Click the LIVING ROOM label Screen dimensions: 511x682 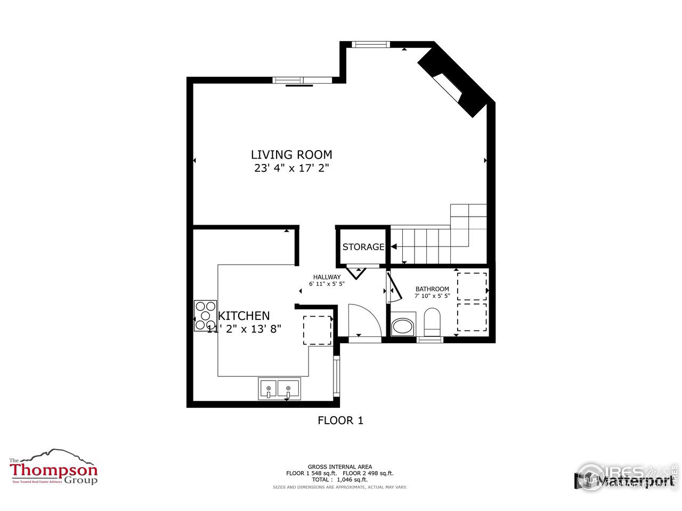(x=291, y=155)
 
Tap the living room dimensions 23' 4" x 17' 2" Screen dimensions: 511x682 (x=291, y=169)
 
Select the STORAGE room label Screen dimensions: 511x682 (x=363, y=247)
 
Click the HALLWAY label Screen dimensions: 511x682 (x=327, y=277)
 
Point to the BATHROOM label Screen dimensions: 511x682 (x=432, y=289)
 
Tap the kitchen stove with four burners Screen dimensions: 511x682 (x=205, y=316)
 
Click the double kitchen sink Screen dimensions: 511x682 (x=279, y=389)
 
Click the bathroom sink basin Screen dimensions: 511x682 (x=402, y=326)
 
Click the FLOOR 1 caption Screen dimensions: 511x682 (x=340, y=421)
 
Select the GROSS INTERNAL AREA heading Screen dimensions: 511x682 (x=340, y=466)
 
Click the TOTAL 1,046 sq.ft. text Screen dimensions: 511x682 (x=340, y=480)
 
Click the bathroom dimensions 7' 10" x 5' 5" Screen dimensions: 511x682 (x=432, y=295)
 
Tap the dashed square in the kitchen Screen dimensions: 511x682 (x=318, y=330)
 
